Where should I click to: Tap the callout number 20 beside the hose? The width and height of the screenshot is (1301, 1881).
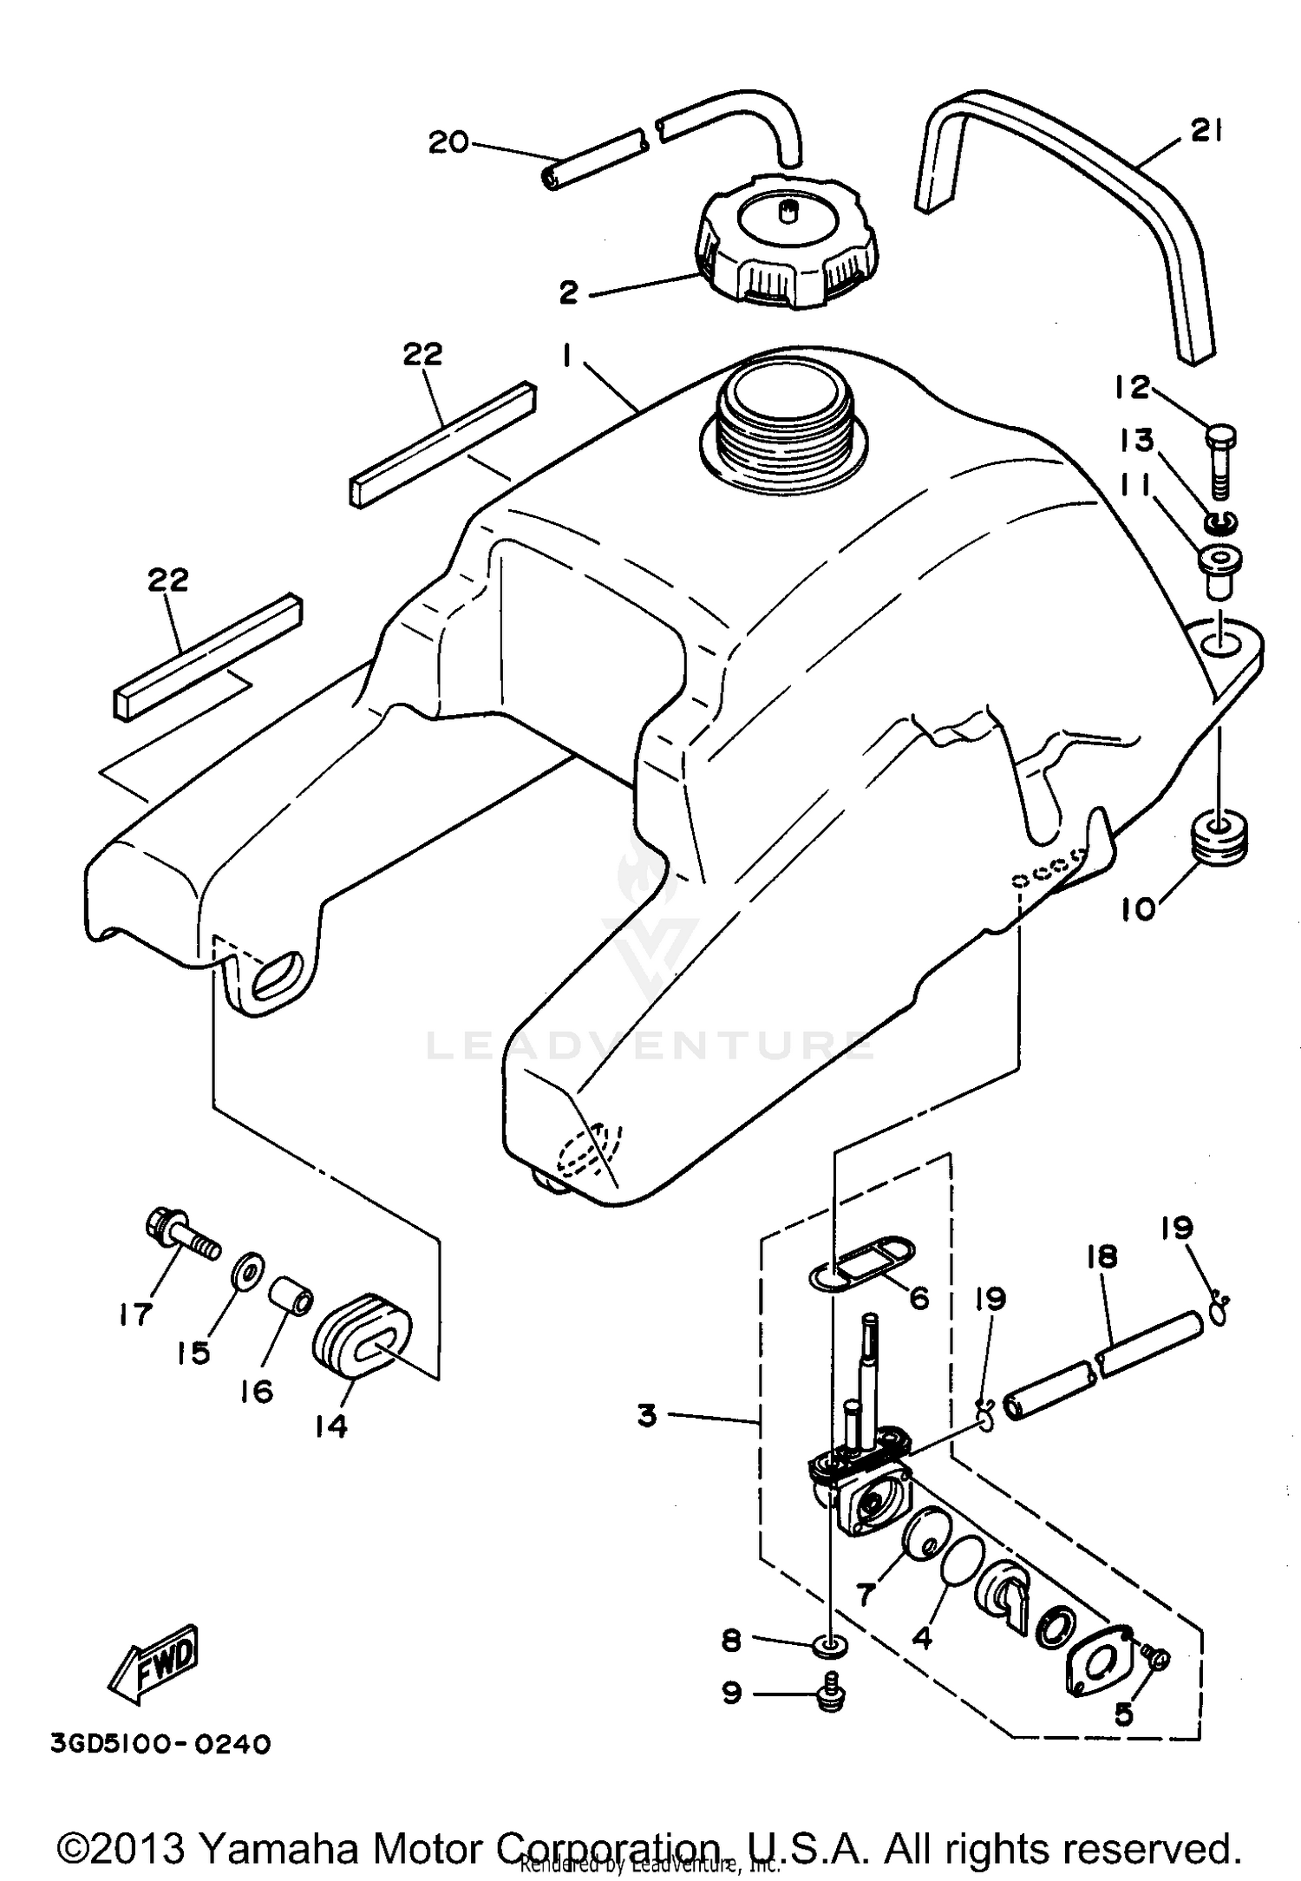click(448, 141)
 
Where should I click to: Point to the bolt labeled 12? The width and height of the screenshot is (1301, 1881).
click(1220, 460)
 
